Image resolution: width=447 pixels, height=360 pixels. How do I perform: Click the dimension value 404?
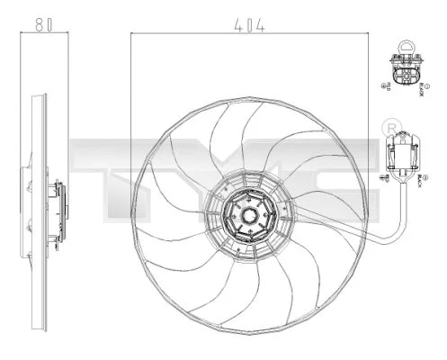[251, 26]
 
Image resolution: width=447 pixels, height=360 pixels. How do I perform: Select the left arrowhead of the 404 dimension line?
[134, 34]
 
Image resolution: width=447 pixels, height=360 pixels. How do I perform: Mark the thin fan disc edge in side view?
[32, 216]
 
